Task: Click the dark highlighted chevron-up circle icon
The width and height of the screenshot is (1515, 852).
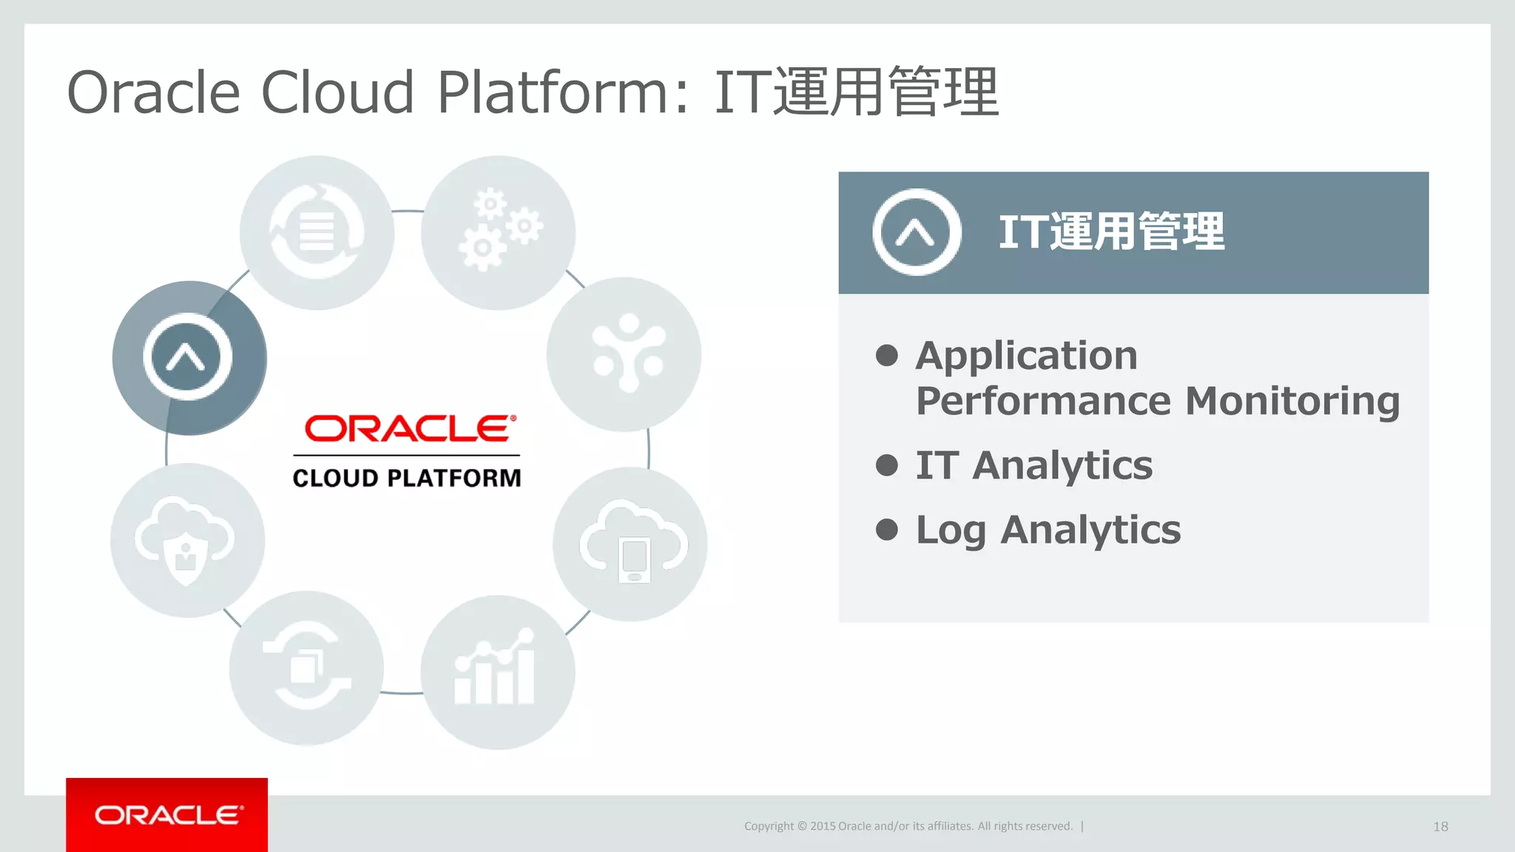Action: tap(188, 358)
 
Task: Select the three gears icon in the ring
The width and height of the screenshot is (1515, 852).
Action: tap(499, 231)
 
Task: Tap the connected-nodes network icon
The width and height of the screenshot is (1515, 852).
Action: tap(625, 354)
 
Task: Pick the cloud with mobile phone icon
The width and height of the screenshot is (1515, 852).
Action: tap(631, 544)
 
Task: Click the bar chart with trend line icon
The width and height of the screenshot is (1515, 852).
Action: tap(498, 671)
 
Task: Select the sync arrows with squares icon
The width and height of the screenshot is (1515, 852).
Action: tap(306, 668)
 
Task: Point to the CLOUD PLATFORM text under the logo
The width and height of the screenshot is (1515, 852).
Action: tap(407, 479)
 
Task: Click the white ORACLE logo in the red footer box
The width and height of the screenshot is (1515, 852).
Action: tap(168, 815)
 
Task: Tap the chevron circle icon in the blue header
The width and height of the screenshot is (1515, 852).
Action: tap(916, 232)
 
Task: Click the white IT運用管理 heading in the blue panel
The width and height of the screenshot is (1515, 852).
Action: tap(1111, 232)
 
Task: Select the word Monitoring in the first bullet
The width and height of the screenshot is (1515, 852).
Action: tap(1292, 402)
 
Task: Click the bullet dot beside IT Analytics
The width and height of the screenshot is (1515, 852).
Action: tap(886, 465)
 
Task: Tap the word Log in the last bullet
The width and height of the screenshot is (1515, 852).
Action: tap(950, 530)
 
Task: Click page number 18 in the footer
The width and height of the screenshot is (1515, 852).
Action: tap(1440, 827)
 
